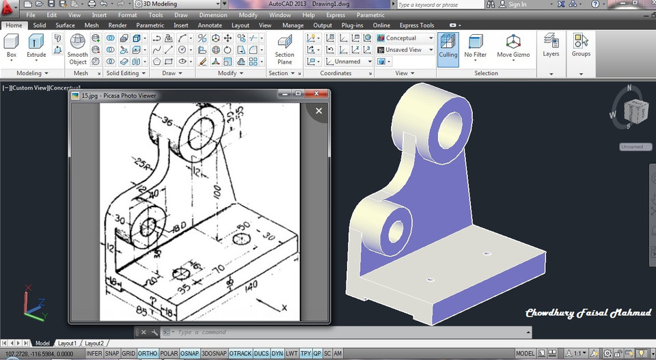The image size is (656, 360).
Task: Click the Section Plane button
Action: tap(284, 49)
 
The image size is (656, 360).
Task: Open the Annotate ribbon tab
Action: tap(210, 25)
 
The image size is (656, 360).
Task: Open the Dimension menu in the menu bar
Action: tap(213, 15)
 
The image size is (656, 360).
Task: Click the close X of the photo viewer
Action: tap(318, 110)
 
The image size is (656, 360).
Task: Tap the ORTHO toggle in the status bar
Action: tap(148, 353)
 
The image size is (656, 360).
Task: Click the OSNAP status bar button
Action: tap(190, 353)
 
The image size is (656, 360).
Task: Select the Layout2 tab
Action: tap(94, 343)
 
